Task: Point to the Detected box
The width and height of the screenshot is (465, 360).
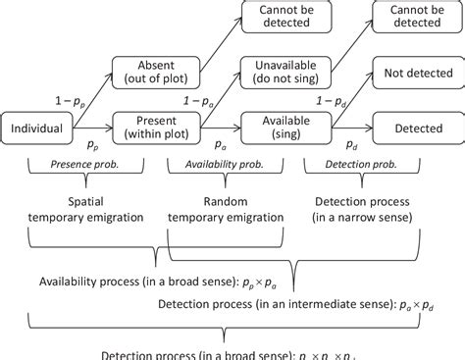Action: click(412, 128)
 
